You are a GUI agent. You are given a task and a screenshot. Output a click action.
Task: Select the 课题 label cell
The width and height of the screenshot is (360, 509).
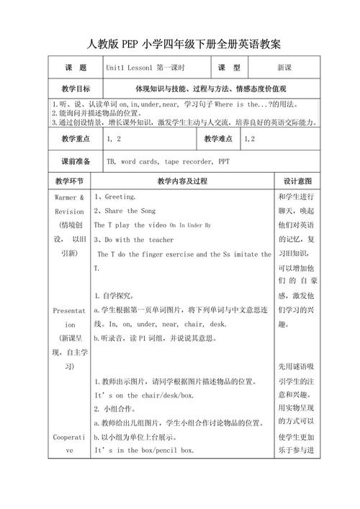(x=75, y=67)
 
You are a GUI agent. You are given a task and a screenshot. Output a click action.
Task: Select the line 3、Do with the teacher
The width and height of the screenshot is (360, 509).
(x=134, y=240)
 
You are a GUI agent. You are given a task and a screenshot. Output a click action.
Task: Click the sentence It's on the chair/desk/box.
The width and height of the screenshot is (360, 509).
(x=144, y=395)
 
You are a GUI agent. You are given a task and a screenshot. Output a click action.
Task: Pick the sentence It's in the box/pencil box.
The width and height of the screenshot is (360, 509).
(x=144, y=450)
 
